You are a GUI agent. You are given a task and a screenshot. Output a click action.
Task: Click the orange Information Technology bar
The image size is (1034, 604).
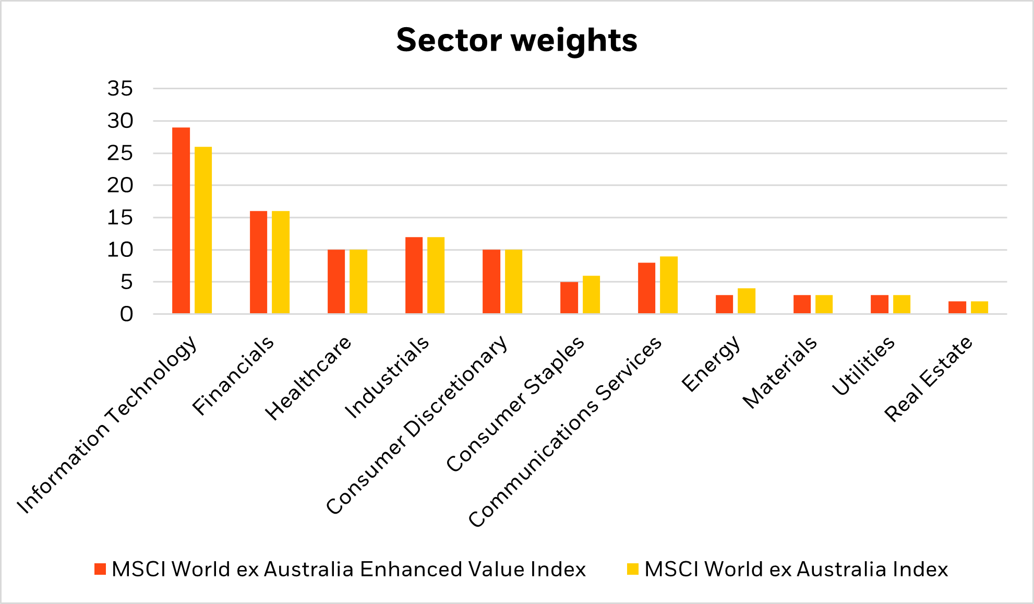181,220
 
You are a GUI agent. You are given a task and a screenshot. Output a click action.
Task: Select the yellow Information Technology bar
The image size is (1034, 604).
203,230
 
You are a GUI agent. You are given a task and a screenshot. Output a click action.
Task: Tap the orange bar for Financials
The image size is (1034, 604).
258,262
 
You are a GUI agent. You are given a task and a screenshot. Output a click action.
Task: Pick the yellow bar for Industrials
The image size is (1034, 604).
436,275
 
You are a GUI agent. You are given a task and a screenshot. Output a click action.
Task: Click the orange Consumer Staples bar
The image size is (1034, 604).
569,298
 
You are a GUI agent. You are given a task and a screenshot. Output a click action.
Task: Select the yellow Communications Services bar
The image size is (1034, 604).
669,285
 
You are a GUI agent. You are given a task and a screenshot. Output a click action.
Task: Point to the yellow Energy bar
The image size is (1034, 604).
747,301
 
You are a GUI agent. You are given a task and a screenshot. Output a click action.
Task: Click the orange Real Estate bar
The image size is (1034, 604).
957,307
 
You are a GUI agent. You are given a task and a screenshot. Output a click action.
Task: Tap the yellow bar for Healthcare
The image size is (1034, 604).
358,281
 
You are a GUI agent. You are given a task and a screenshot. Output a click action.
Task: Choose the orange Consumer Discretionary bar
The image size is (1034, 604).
491,281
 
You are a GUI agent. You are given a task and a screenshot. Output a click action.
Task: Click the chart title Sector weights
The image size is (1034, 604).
516,40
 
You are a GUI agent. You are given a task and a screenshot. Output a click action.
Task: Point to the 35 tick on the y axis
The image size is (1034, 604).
121,89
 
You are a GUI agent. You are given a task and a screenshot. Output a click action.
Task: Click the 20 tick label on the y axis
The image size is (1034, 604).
121,185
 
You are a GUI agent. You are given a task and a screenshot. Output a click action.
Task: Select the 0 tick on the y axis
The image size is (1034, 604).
127,314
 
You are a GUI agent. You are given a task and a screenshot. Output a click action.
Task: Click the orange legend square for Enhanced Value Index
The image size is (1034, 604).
100,569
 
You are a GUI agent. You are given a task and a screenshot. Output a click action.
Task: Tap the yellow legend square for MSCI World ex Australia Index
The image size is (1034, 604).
633,569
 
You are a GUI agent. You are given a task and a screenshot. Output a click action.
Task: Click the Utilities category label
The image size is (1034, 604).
863,365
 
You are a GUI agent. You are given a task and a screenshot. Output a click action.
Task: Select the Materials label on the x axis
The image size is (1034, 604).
780,372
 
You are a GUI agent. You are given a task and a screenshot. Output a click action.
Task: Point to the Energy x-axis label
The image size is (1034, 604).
711,363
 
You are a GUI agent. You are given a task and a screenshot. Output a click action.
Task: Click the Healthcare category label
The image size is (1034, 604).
309,378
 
